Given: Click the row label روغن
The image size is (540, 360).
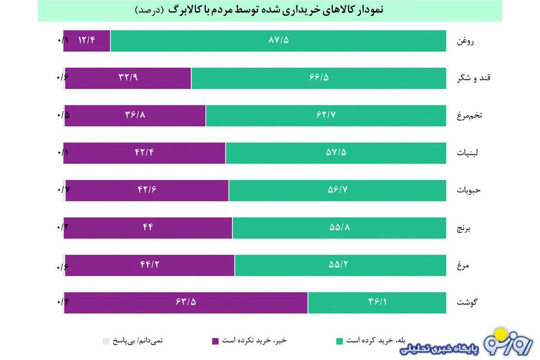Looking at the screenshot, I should tap(466, 41).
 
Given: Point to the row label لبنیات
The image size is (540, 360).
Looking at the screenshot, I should tap(468, 153).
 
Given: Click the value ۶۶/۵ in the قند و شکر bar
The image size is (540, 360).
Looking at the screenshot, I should tap(319, 78).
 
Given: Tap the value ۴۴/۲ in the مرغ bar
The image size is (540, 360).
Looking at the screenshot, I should tap(149, 265).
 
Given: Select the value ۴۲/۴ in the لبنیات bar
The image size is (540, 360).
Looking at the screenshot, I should tap(144, 153).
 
